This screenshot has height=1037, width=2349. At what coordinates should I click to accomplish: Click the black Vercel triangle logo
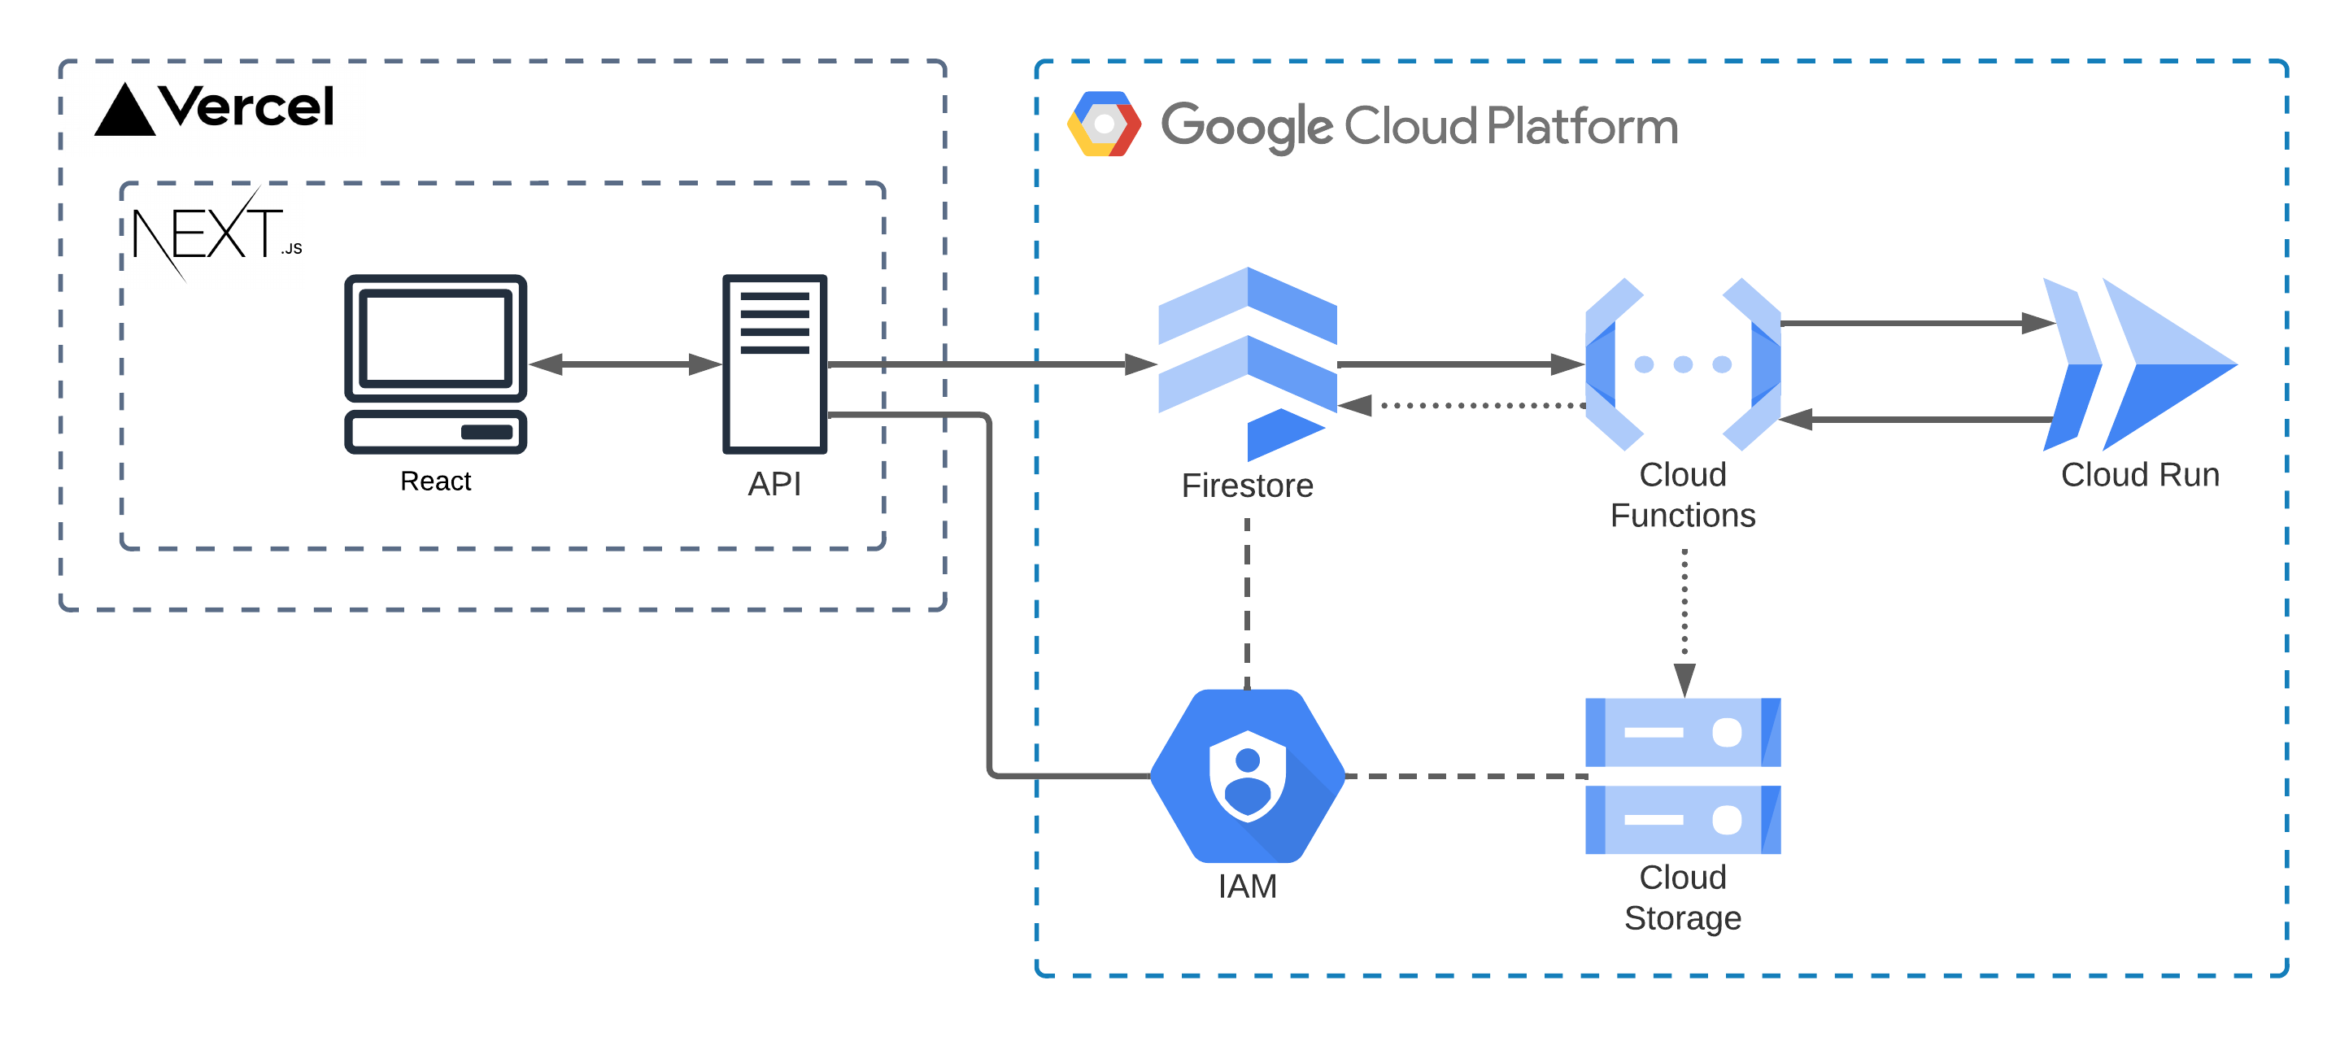coord(125,111)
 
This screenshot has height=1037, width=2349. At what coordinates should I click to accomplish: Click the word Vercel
coord(246,107)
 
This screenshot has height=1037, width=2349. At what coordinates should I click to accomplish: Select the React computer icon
coord(435,363)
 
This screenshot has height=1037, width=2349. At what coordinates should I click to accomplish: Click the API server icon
coord(774,363)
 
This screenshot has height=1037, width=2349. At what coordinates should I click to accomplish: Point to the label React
coord(435,481)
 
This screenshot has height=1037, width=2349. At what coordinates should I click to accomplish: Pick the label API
coord(774,483)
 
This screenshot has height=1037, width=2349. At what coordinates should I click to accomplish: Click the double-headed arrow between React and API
coord(625,364)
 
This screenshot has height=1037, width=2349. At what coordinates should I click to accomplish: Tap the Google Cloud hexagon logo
coord(1104,124)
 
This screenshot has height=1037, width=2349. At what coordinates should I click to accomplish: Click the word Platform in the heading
coord(1582,126)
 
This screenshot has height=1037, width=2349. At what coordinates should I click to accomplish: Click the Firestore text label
coord(1247,486)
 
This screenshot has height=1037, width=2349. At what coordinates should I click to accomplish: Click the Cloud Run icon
coord(2138,364)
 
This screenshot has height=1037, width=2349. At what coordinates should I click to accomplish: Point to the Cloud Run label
coord(2139,474)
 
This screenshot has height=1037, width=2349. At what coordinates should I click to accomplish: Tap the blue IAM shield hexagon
coord(1247,775)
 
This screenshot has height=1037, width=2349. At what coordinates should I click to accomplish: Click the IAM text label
coord(1247,886)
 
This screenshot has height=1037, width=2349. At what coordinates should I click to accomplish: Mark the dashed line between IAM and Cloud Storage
coord(1466,776)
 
